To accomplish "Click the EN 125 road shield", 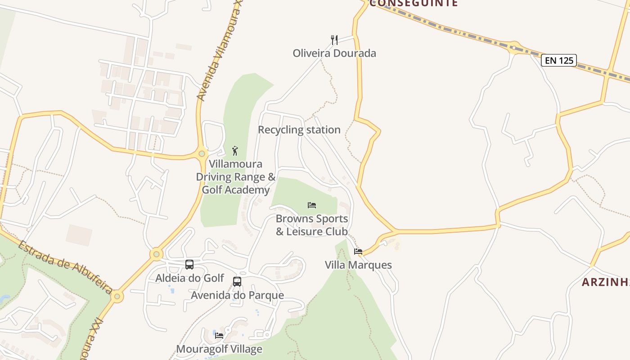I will [x=559, y=60].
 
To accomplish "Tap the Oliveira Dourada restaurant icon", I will [x=334, y=40].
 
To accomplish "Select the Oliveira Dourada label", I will [x=334, y=53].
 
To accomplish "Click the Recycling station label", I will [x=299, y=130].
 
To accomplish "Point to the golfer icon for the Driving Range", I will [x=234, y=151].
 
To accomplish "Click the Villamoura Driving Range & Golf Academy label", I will [x=235, y=177].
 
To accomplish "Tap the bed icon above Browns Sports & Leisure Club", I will [x=312, y=205].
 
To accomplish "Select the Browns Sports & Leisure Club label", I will [x=312, y=225].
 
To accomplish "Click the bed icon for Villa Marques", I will [x=358, y=251].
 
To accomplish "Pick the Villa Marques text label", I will [x=358, y=265].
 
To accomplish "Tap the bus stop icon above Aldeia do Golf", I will [x=189, y=265].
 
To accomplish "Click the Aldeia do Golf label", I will [x=189, y=278].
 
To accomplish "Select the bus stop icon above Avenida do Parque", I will [x=237, y=282].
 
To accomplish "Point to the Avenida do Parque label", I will [x=238, y=295].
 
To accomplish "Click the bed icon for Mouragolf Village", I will [x=219, y=335].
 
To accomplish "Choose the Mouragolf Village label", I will [x=219, y=349].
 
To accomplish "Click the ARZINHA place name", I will [x=605, y=282].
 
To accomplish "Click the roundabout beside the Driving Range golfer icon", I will [x=202, y=153].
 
